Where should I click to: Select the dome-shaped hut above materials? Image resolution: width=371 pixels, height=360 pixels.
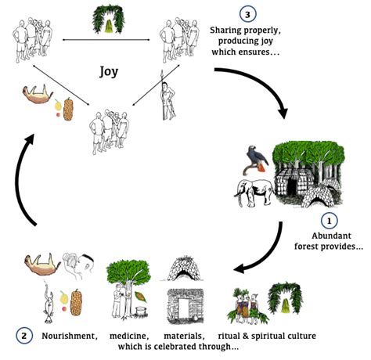[x=185, y=269]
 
